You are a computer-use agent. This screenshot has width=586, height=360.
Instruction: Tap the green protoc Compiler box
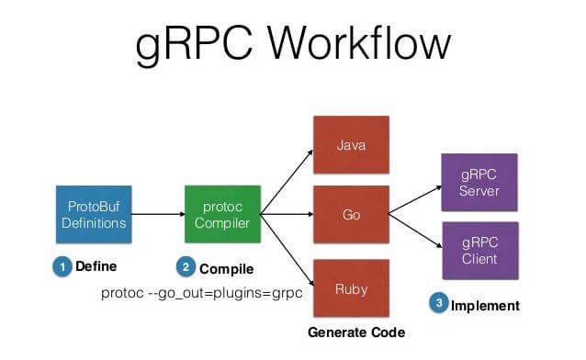point(222,214)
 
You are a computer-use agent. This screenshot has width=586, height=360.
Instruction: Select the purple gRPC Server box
point(479,180)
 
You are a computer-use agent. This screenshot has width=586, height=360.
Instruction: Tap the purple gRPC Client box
point(479,251)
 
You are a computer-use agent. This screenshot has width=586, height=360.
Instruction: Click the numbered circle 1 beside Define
point(62,267)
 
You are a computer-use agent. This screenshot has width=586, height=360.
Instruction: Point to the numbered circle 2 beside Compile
point(186,267)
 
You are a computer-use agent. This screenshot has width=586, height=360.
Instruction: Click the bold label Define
point(96,267)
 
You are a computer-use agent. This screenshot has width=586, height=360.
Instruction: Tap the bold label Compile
point(226,268)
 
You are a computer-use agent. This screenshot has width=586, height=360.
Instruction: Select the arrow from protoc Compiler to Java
point(286,180)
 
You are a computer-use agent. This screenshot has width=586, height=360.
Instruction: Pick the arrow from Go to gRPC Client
point(413,235)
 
